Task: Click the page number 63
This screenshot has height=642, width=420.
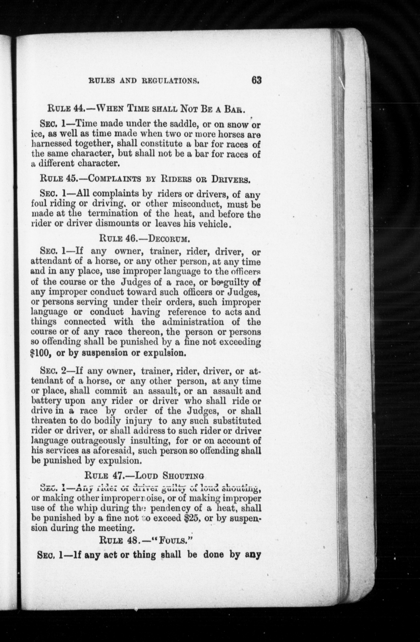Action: [256, 80]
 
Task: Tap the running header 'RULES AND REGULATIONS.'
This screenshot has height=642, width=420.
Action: [144, 81]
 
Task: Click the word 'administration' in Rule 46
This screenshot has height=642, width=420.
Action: [193, 322]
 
